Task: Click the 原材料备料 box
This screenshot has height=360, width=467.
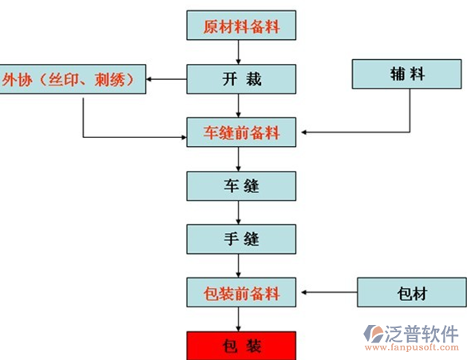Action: (241, 26)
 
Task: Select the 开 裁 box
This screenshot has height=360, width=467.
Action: (241, 79)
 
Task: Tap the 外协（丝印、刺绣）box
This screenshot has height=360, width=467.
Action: (73, 79)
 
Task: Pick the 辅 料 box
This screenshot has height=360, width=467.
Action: (407, 74)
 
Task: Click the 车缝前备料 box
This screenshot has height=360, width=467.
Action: (241, 133)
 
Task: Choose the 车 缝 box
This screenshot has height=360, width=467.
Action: (241, 186)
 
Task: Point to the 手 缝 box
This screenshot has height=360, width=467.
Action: (241, 239)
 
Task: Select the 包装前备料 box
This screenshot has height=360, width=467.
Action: (241, 292)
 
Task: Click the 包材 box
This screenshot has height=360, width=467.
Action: (412, 292)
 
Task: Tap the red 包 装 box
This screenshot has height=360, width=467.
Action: (241, 346)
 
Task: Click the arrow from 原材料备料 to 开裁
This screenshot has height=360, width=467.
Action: (238, 52)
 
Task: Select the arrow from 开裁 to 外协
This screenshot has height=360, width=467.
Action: (167, 79)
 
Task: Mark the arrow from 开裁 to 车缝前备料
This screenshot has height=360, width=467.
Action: (238, 105)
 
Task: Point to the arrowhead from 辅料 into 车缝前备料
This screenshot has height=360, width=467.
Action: (304, 133)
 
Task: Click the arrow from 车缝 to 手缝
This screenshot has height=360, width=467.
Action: (238, 212)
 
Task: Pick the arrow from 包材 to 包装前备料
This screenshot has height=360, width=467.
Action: (329, 292)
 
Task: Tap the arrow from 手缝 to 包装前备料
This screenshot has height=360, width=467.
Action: (238, 266)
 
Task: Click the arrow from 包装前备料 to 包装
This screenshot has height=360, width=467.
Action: (238, 319)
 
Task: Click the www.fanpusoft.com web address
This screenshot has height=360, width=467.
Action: (412, 347)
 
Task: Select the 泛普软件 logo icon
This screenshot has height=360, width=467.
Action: (374, 334)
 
